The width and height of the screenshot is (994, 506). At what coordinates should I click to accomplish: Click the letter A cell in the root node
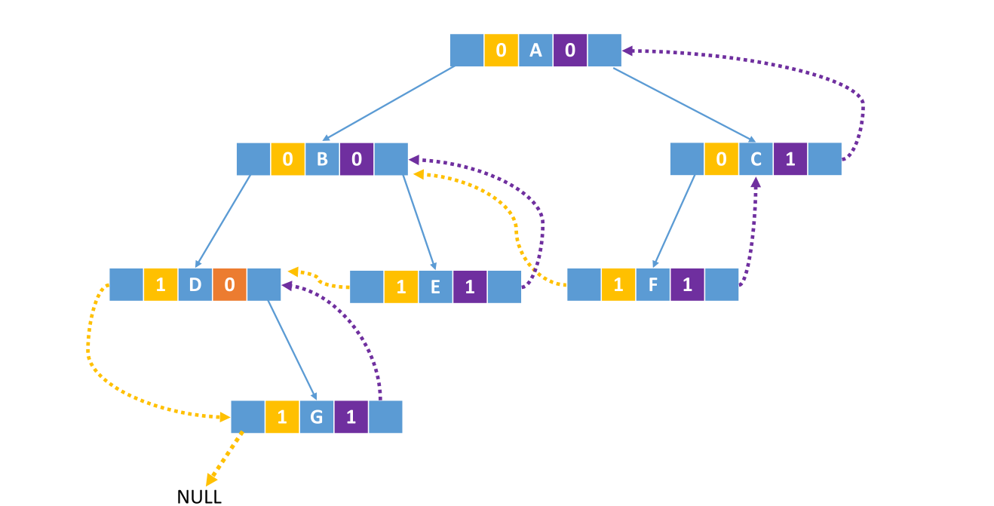coord(535,51)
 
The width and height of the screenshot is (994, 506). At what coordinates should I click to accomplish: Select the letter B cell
coord(322,159)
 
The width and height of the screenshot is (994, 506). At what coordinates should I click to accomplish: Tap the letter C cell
coord(756,159)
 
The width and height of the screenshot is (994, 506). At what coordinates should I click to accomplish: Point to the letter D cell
coord(195,284)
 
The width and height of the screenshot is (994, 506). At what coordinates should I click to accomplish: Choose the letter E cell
coord(435,287)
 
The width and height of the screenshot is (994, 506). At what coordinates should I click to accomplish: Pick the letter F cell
coord(653,284)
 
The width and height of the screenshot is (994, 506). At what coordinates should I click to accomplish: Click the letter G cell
coord(316,417)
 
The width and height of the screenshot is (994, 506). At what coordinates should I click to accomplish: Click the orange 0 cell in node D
coord(230,284)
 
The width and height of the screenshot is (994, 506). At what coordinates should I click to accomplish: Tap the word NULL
coord(199,496)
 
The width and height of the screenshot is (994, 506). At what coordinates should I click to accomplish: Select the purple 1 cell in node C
coord(790,159)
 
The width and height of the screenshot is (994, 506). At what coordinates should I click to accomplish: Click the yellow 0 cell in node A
coord(501,51)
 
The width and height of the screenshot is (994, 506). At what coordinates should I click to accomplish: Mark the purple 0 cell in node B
coord(357,159)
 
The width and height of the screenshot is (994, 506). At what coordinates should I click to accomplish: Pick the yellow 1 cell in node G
coord(282,417)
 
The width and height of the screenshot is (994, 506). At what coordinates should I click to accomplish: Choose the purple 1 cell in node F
coord(687,284)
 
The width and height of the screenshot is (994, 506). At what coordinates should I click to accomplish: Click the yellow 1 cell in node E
coord(400,287)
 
